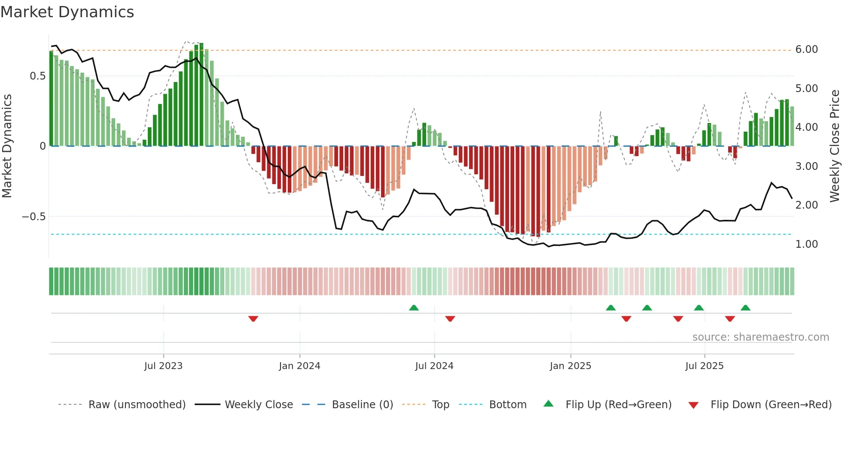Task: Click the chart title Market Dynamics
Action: [67, 12]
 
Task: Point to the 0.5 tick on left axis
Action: [37, 76]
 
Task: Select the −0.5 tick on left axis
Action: [34, 217]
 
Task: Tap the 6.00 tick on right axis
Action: [806, 49]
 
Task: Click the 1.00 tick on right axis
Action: [806, 244]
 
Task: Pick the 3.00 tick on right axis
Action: [806, 166]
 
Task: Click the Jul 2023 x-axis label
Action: [163, 366]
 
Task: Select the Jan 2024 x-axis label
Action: [299, 366]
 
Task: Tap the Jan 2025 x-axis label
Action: [570, 366]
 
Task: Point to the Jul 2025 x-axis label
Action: [704, 366]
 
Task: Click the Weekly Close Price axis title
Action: [834, 146]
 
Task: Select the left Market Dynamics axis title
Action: [7, 146]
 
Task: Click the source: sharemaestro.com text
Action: [760, 337]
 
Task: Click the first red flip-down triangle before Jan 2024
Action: [253, 319]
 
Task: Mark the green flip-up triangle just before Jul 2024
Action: [414, 308]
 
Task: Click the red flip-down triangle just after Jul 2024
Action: [450, 319]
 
